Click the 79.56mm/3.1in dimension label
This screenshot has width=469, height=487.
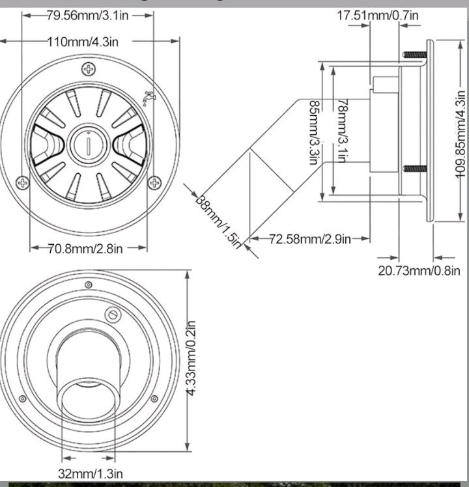(88, 15)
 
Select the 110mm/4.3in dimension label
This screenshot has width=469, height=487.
(83, 42)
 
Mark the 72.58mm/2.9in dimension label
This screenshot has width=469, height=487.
(310, 239)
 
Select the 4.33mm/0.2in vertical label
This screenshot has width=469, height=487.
(192, 357)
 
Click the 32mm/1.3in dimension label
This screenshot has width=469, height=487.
(90, 473)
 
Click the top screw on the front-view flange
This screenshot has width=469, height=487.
(88, 70)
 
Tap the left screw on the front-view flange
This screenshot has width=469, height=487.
(23, 182)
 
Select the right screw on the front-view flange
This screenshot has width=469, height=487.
(154, 182)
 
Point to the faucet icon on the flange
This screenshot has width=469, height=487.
(150, 98)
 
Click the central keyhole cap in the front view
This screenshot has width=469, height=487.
(88, 142)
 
